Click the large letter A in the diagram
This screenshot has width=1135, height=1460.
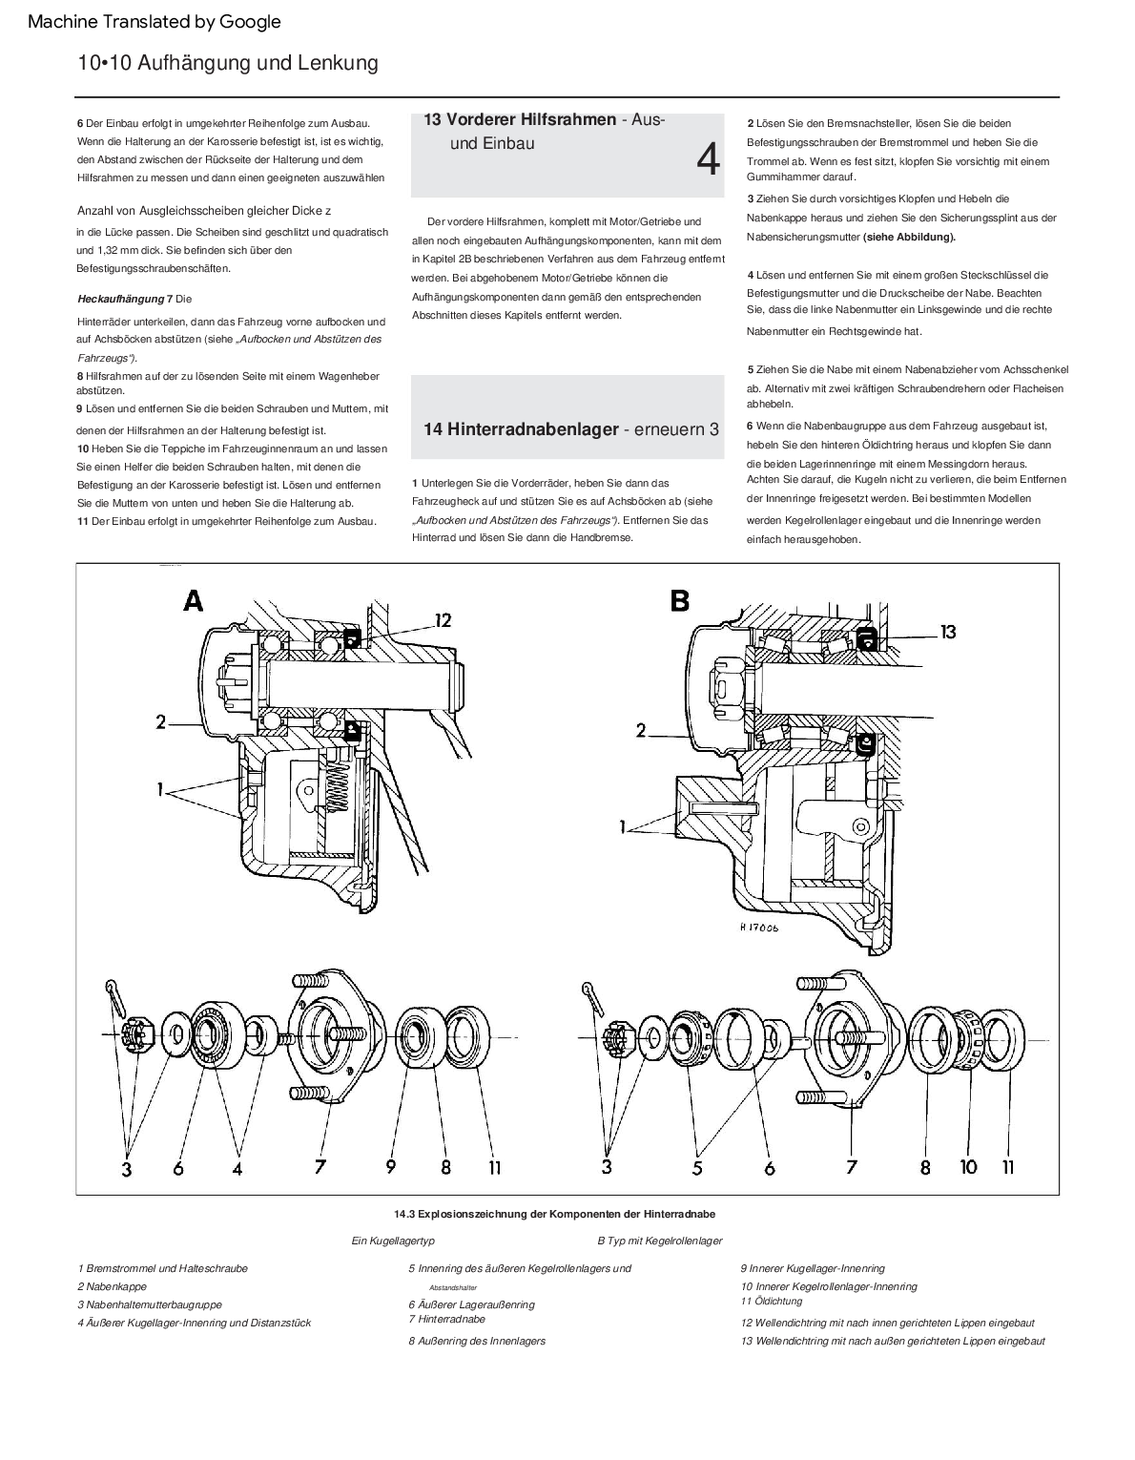coord(194,600)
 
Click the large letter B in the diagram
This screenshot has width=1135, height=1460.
coord(680,600)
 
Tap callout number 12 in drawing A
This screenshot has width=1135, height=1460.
coord(443,620)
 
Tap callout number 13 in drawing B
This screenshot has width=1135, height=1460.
coord(947,632)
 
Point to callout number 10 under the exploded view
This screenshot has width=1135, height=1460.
coord(969,1166)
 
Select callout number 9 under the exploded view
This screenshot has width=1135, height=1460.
coord(391,1166)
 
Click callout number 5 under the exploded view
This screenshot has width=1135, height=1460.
coord(698,1167)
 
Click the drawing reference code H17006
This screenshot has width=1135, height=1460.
coord(758,927)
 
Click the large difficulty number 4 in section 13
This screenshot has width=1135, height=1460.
coord(708,160)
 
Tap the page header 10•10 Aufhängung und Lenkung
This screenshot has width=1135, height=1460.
coord(228,63)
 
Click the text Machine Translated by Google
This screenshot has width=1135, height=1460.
coord(155,21)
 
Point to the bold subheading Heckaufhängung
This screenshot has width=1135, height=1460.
coord(120,299)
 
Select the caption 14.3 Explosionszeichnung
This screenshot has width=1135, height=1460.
coord(554,1214)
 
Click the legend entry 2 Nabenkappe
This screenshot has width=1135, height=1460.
coord(113,1286)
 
